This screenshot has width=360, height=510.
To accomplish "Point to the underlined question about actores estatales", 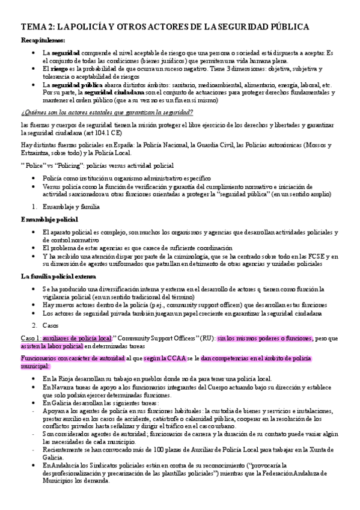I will pos(107,112).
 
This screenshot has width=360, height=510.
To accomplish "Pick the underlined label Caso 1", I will pos(32,339).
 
